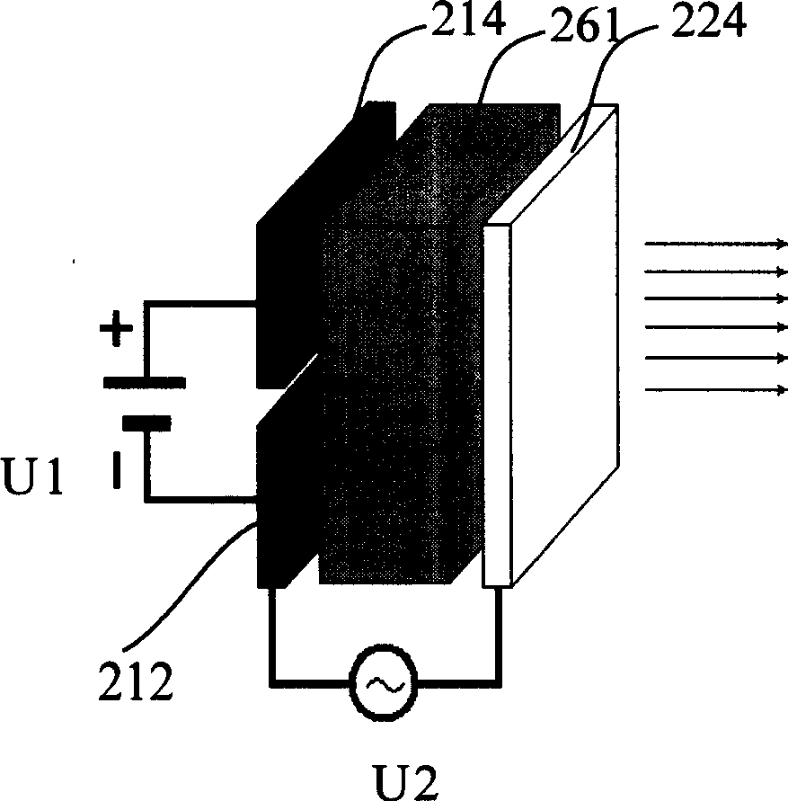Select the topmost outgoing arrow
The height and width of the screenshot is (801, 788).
[x=715, y=244]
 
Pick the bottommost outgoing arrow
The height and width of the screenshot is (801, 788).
[x=715, y=389]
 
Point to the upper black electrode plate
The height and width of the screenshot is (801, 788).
[x=288, y=288]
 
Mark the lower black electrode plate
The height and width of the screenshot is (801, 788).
[x=286, y=503]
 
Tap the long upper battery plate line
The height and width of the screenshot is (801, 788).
[x=145, y=382]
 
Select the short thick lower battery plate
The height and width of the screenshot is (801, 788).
[x=145, y=421]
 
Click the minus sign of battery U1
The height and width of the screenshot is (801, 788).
[x=116, y=468]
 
